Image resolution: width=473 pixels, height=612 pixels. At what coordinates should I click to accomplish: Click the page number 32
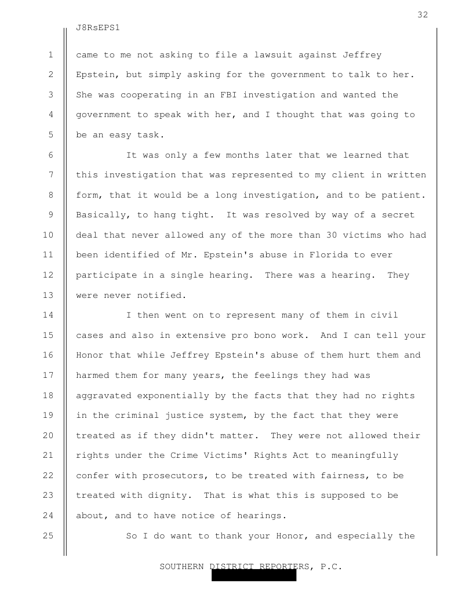(423, 15)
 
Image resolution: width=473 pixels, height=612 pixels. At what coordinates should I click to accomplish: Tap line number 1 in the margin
(51, 55)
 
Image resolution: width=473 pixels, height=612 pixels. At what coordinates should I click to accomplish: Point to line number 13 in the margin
(48, 295)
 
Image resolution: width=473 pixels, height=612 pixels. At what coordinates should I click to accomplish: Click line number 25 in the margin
(48, 535)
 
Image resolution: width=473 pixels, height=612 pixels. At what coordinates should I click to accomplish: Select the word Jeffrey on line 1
(362, 55)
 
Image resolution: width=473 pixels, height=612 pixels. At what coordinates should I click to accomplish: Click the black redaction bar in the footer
(253, 575)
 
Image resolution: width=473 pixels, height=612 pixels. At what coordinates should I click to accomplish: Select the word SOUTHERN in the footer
(183, 566)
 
